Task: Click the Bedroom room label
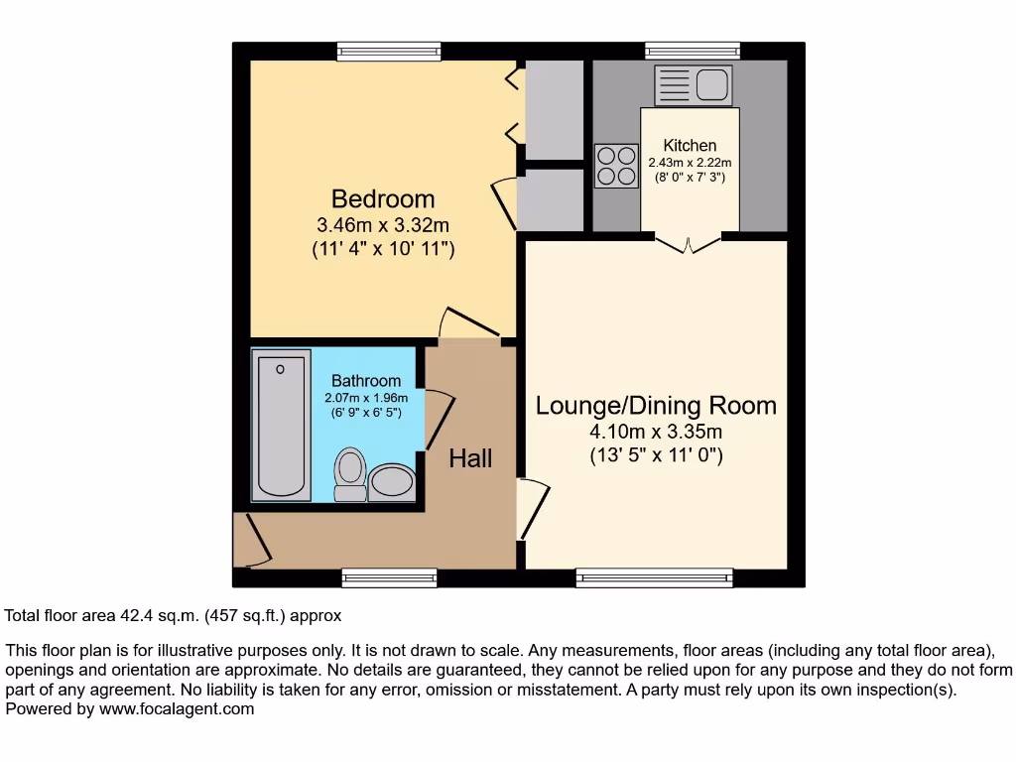point(383,198)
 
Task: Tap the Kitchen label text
point(690,146)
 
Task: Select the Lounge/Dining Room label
point(656,406)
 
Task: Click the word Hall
point(470,458)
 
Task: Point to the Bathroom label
point(366,381)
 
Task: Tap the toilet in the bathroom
point(349,473)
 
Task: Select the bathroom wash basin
point(392,482)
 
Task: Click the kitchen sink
point(694,85)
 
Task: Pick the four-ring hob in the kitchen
point(616,166)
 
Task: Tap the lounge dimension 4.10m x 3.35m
point(656,432)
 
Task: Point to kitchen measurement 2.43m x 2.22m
point(690,163)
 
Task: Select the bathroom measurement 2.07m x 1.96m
point(366,398)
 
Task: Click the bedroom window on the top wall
point(388,51)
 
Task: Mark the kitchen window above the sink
point(693,51)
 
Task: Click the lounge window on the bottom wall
point(655,577)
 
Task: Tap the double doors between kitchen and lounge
point(688,241)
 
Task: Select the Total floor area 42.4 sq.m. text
point(174,615)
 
